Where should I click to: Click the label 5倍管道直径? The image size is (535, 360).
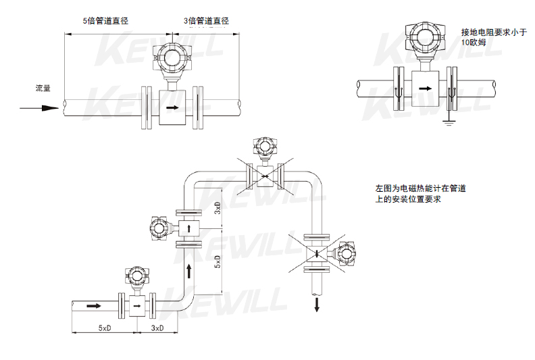[105, 21]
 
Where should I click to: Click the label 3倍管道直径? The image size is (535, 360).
[206, 21]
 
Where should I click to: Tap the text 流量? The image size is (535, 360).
[43, 88]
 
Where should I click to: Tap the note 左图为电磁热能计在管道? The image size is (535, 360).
[420, 188]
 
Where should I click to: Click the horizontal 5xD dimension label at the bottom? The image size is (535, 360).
[104, 328]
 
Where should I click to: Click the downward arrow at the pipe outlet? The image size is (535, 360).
[316, 305]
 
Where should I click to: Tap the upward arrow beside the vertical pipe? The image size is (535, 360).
[190, 272]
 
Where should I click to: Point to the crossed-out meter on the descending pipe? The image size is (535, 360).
[317, 254]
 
